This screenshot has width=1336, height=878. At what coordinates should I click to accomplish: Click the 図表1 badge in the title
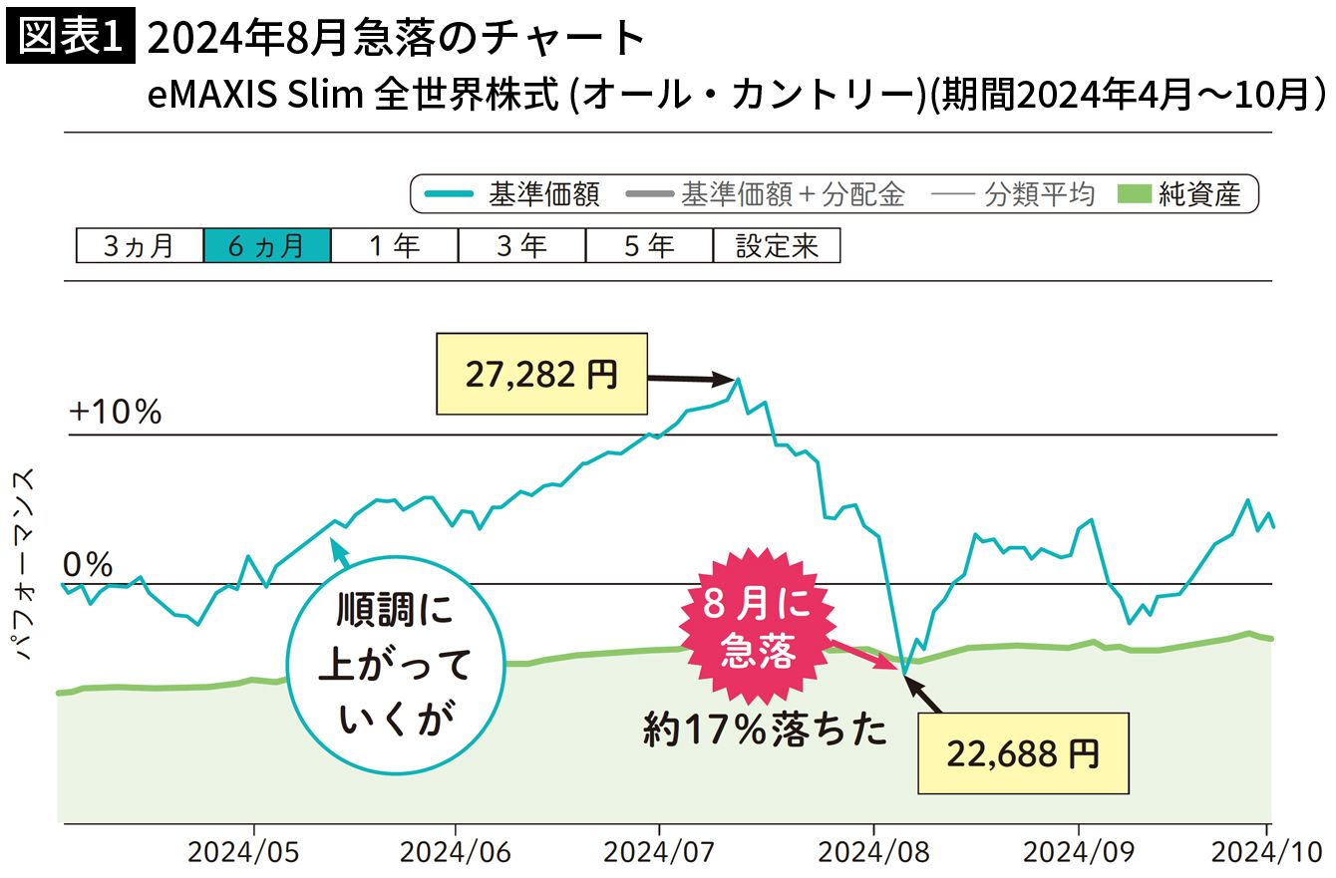coord(71,38)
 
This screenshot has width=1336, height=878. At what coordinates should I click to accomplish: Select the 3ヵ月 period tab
coord(140,246)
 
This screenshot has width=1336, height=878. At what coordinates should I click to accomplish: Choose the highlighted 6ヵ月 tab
coord(266,246)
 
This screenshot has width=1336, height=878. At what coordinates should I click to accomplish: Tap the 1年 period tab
coord(394,246)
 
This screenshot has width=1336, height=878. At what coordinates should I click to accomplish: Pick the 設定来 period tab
coord(777,246)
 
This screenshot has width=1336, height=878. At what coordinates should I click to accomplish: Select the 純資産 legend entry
coord(1186,194)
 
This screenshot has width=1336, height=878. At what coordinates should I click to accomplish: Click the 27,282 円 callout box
coord(541,375)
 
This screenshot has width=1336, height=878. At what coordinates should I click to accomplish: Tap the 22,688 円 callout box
coord(1023,753)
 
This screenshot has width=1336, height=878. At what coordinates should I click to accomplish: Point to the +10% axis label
coord(116,412)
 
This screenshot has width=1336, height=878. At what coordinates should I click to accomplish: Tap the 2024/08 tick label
coord(873,853)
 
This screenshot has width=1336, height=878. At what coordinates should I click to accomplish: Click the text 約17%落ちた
coord(765,732)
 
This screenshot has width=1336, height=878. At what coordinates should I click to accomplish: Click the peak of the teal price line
coord(739,379)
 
